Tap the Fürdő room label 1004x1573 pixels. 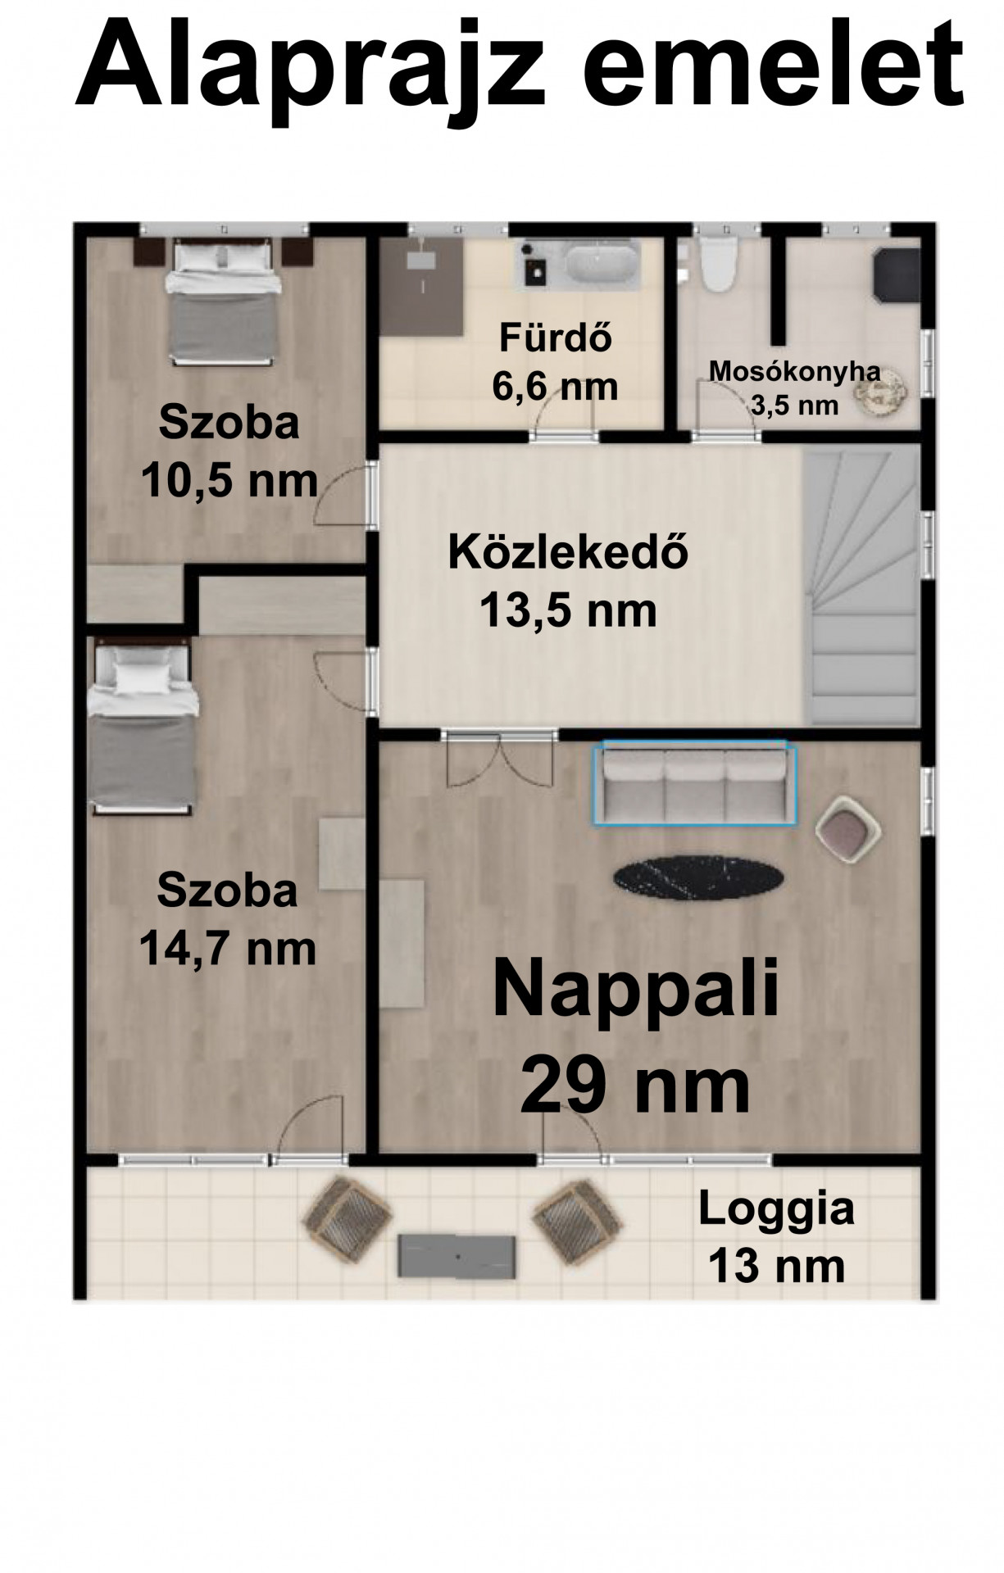(x=556, y=338)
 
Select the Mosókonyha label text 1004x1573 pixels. (x=794, y=370)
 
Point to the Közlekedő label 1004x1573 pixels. (x=568, y=553)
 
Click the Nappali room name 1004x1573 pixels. (x=635, y=990)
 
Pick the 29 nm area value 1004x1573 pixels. (x=635, y=1086)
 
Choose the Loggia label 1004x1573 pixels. (x=776, y=1208)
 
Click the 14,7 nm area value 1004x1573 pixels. (x=227, y=950)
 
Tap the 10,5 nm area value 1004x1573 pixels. (x=229, y=481)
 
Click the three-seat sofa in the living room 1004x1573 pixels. (x=693, y=782)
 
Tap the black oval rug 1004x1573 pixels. (x=698, y=877)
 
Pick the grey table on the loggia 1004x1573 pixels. (x=457, y=1255)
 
